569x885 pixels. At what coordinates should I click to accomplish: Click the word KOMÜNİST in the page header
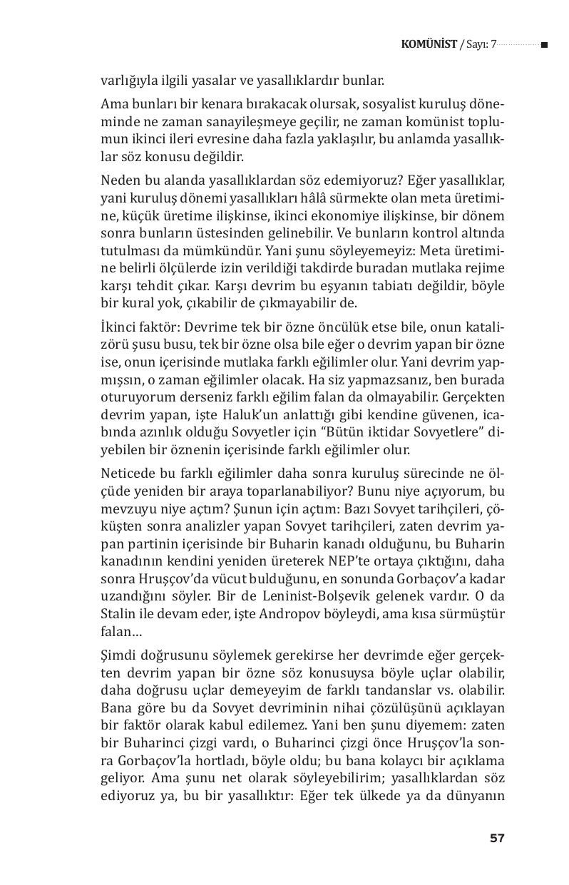429,45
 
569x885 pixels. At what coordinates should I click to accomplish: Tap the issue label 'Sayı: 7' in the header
479,45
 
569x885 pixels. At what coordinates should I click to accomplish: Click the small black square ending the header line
544,45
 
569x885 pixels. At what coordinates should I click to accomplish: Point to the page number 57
497,838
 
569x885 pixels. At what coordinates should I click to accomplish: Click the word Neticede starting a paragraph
126,476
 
